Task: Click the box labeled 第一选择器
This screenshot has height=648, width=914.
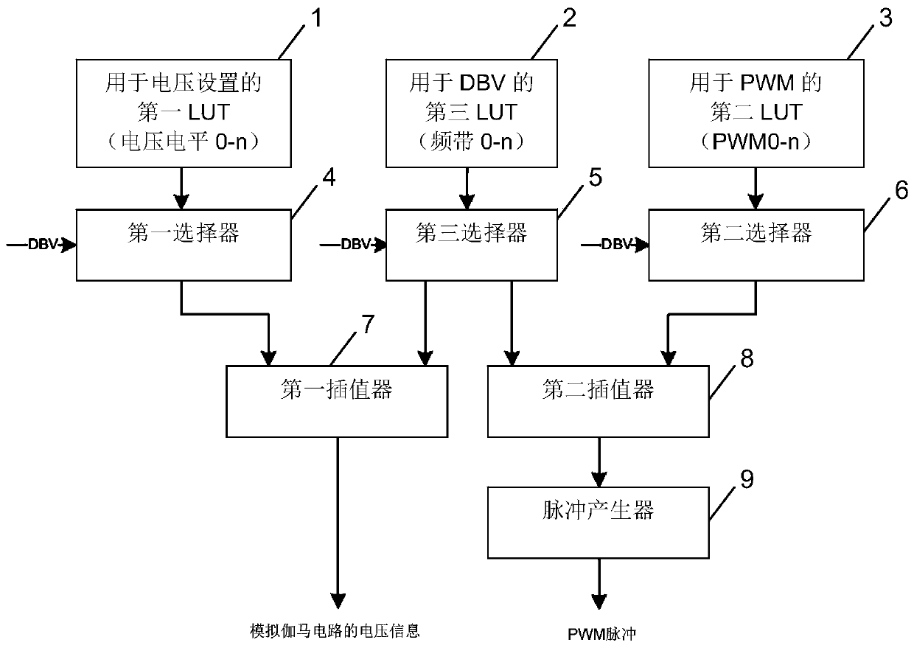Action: [184, 245]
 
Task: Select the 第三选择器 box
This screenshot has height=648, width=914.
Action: [471, 245]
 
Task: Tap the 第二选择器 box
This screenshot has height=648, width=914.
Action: [756, 245]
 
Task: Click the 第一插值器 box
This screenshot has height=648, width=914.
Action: [337, 401]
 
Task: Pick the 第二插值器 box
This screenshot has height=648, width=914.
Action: [599, 401]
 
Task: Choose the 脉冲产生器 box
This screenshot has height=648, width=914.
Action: [599, 523]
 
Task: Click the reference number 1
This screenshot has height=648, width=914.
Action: [316, 18]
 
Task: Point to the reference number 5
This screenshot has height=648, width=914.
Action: [596, 178]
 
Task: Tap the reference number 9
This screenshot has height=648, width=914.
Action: [747, 479]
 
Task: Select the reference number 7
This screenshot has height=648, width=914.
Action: [368, 324]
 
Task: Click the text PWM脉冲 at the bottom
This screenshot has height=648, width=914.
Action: [602, 635]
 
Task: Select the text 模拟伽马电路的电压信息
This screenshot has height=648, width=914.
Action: [335, 631]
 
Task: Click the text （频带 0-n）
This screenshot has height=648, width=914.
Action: [471, 142]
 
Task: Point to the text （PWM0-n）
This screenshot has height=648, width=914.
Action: [756, 142]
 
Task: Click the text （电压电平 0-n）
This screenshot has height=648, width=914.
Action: [184, 142]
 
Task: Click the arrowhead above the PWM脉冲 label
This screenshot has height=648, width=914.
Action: [599, 602]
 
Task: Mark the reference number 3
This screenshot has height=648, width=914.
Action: [885, 18]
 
